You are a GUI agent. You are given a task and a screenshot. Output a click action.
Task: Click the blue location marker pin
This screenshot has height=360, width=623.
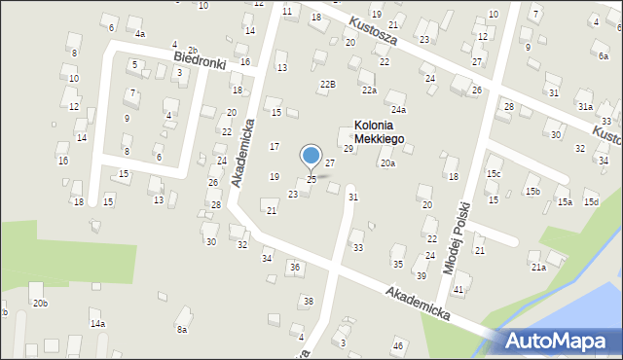(311, 156)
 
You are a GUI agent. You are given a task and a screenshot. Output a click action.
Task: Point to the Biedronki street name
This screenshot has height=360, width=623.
(200, 61)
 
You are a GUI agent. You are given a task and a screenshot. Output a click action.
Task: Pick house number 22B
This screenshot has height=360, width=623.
(328, 85)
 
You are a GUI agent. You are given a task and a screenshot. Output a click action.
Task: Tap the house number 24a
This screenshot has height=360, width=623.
(398, 110)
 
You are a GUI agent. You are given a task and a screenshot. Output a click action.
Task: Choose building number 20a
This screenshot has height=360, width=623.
(387, 163)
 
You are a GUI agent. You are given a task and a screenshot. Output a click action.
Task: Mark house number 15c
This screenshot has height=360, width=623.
(495, 174)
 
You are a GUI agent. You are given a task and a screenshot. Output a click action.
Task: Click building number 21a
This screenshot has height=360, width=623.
(538, 267)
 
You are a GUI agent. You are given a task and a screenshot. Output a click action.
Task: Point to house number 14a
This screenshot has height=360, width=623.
(97, 323)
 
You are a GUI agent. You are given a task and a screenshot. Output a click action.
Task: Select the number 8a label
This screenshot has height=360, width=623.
(181, 330)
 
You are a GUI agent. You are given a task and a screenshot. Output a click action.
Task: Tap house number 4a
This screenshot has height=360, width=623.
(140, 34)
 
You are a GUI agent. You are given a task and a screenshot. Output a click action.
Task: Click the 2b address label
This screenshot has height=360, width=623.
(193, 50)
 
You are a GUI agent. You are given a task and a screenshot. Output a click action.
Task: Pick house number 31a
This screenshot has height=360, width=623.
(584, 107)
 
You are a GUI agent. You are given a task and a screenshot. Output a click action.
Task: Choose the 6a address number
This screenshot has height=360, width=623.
(604, 56)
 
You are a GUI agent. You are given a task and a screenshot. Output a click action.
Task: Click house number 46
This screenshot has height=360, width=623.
(397, 346)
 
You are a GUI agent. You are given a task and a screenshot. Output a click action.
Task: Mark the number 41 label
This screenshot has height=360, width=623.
(458, 291)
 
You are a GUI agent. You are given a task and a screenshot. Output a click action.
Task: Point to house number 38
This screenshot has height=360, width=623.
(308, 302)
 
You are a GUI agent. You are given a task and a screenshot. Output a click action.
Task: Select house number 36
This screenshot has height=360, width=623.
(294, 267)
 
